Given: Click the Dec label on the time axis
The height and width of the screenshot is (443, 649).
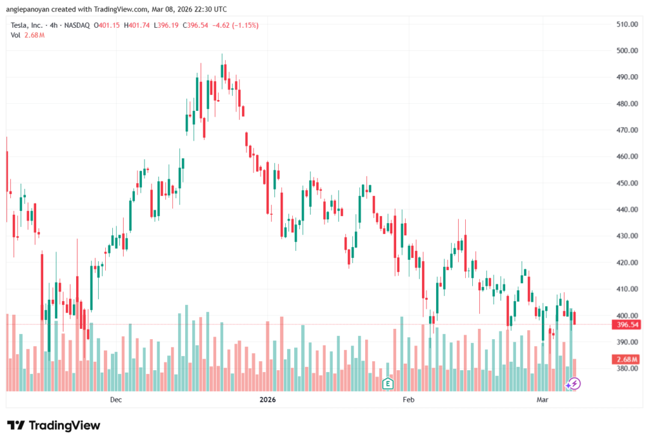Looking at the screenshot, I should pos(115,399).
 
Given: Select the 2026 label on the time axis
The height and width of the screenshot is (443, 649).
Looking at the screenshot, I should pos(268,399).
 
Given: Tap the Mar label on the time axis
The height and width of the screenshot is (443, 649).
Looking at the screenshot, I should pos(543,399).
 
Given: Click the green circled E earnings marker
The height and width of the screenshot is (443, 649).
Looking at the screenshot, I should pos(388,383).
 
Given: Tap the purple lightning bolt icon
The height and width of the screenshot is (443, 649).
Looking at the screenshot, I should pos(574,383).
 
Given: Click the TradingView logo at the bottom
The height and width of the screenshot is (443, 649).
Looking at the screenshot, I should pos(53,425).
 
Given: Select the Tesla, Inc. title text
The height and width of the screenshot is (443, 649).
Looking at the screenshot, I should pos(27,25).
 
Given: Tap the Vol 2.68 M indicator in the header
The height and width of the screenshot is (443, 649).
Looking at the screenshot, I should pos(27,35).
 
